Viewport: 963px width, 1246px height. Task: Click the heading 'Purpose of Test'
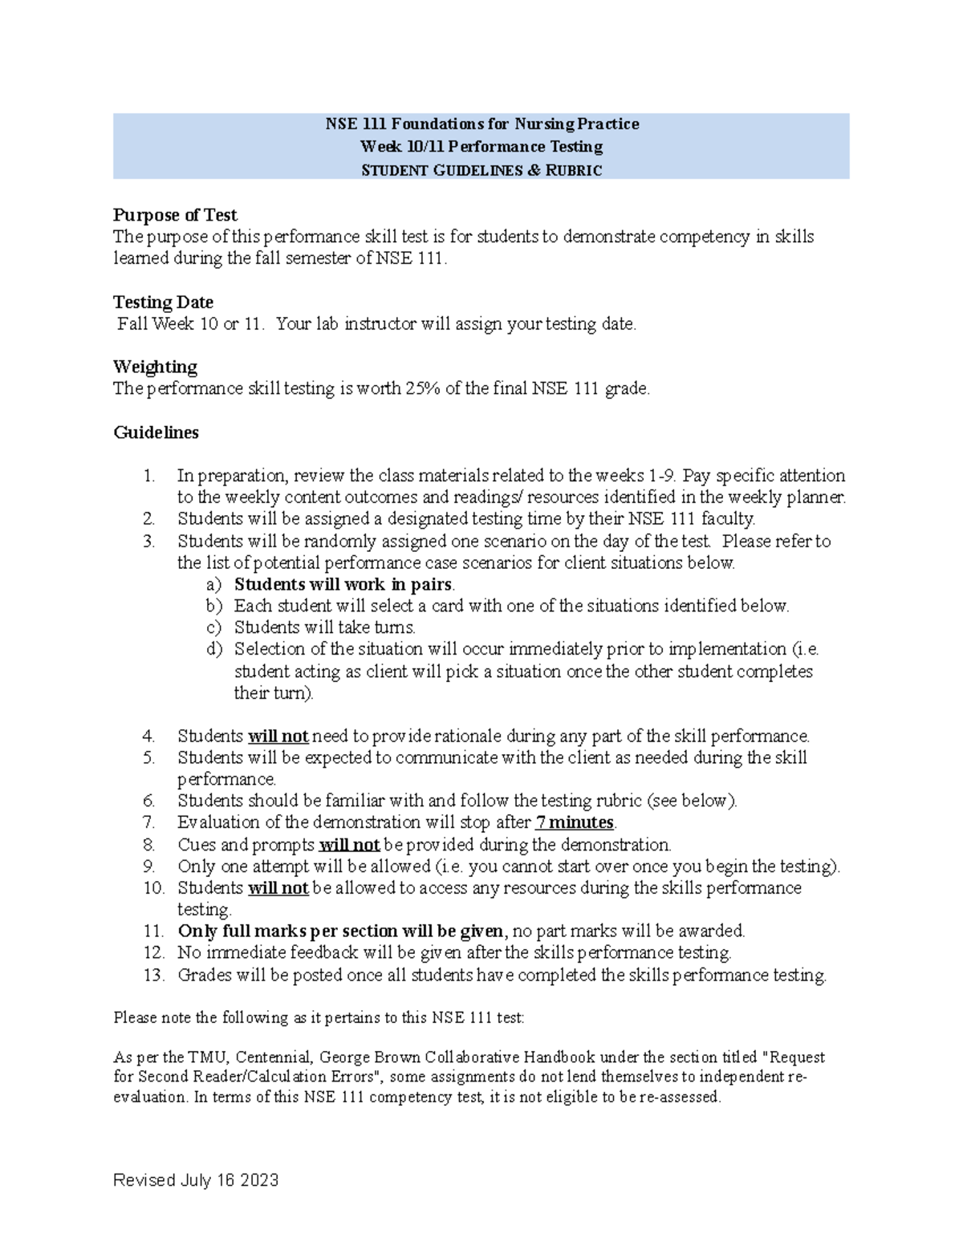(x=175, y=215)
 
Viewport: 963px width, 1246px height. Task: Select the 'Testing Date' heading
(x=163, y=302)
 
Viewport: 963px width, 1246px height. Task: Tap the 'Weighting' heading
(x=155, y=367)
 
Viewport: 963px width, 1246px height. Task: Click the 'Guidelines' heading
(x=156, y=432)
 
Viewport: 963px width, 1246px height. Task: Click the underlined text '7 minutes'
(x=574, y=822)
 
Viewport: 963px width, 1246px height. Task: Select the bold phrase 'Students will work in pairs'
(x=343, y=584)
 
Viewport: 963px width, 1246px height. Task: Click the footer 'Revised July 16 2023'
(x=196, y=1180)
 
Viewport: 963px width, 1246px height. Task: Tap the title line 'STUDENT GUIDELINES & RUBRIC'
(x=481, y=170)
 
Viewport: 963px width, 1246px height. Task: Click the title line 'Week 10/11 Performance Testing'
(x=481, y=147)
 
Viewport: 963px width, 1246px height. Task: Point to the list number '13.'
(x=154, y=976)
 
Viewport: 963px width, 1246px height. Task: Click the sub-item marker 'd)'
(x=213, y=649)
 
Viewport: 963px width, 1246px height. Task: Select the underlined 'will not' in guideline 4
(x=278, y=737)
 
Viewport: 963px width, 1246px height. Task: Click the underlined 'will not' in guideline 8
(x=349, y=845)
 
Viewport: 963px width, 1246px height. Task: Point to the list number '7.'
(x=148, y=822)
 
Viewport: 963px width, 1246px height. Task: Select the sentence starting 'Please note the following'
(x=319, y=1018)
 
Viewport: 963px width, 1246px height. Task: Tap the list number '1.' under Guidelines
(x=148, y=476)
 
